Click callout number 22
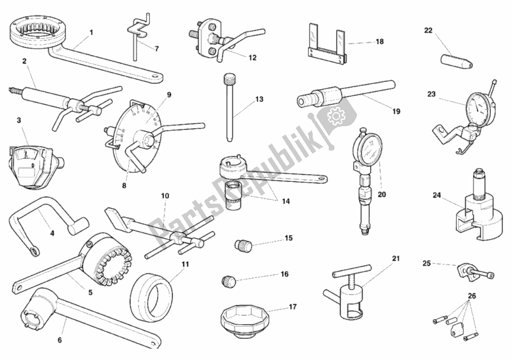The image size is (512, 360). click(428, 30)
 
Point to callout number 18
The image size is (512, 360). click(379, 41)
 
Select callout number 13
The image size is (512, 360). click(259, 99)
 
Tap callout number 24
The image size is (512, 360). click(437, 195)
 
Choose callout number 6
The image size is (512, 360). click(60, 340)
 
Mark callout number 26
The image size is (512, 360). click(472, 295)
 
